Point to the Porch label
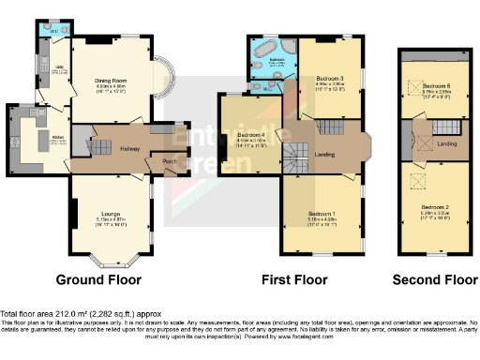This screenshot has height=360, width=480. point(171,159)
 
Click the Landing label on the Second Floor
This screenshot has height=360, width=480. point(447,143)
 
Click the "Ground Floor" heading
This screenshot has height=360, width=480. point(98,279)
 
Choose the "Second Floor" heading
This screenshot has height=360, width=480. point(434,279)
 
